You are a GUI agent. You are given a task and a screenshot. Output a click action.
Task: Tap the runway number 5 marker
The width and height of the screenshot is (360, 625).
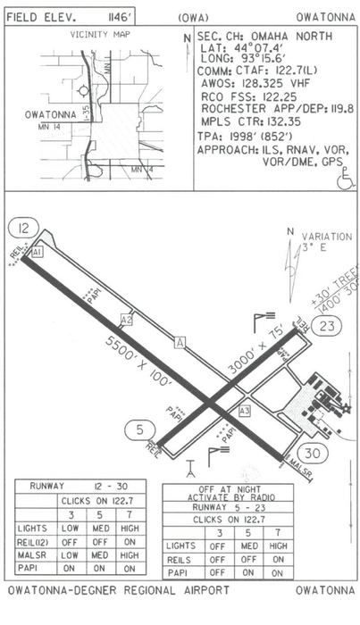click(137, 430)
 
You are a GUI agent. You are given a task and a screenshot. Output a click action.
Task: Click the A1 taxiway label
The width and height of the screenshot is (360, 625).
click(37, 253)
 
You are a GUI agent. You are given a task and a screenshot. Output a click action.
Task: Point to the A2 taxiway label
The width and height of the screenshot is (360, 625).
click(126, 320)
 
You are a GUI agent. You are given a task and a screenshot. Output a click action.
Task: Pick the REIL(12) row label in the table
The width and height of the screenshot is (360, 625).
click(34, 540)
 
